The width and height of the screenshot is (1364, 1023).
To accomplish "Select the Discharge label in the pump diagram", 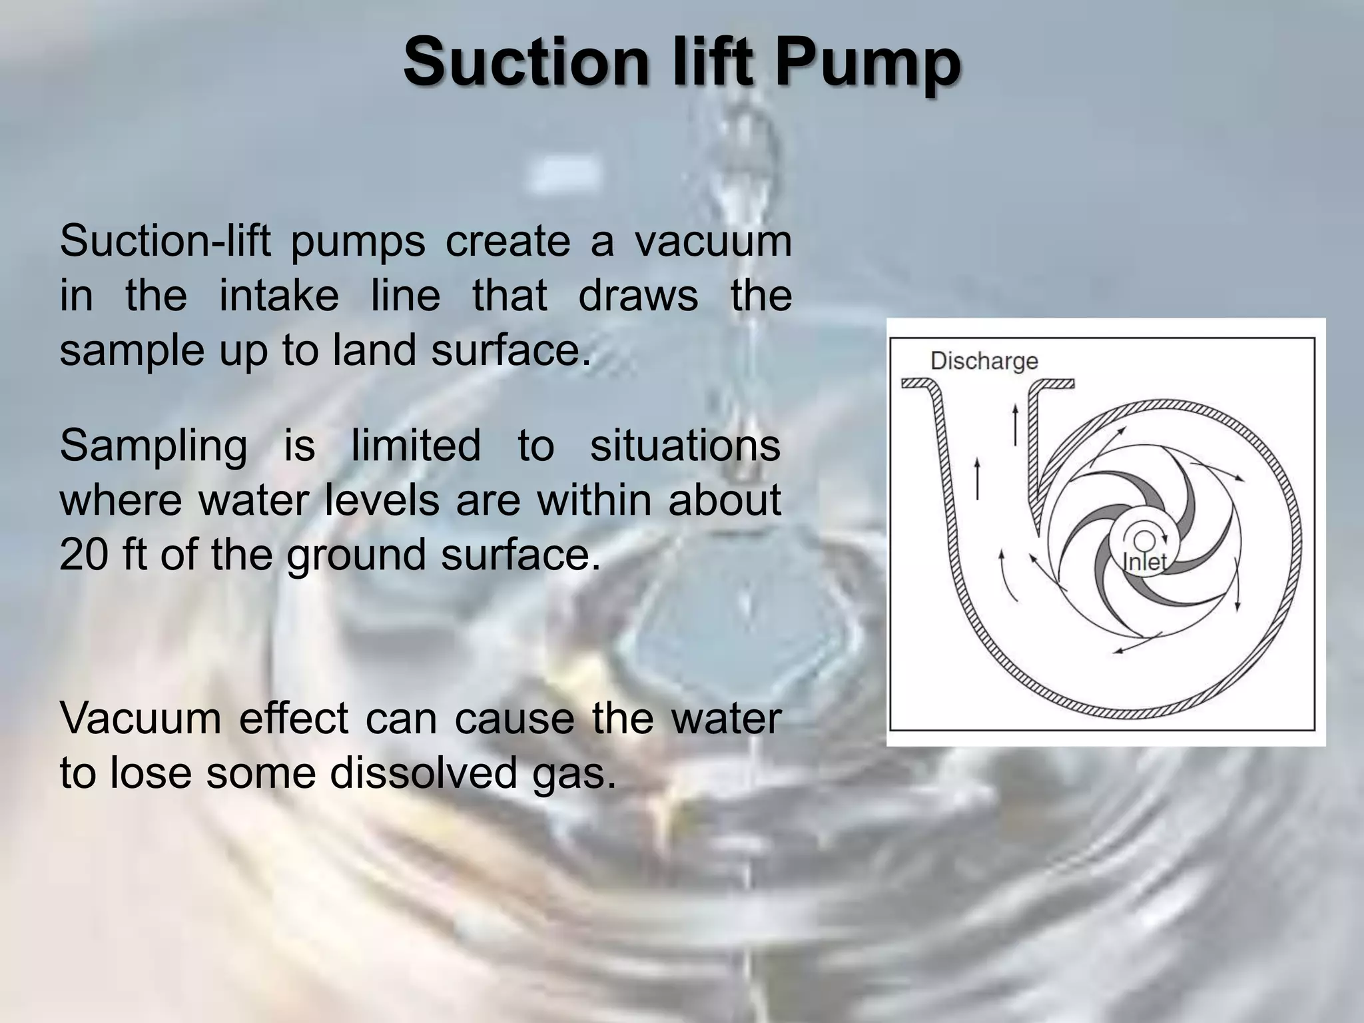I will pyautogui.click(x=984, y=361).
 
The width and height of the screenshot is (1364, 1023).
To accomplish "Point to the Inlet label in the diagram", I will pyautogui.click(x=1144, y=562).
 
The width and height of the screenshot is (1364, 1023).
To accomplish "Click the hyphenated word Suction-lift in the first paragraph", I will pyautogui.click(x=165, y=241).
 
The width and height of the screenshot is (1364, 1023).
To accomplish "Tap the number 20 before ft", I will pyautogui.click(x=83, y=554).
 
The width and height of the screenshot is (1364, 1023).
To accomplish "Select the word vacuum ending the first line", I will pyautogui.click(x=713, y=242).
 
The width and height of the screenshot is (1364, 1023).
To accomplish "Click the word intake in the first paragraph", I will pyautogui.click(x=278, y=296).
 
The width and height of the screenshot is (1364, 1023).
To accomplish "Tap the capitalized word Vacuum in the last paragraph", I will pyautogui.click(x=141, y=719).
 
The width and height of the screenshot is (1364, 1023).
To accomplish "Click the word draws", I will pyautogui.click(x=638, y=296).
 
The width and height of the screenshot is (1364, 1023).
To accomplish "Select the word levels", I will pyautogui.click(x=382, y=500).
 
